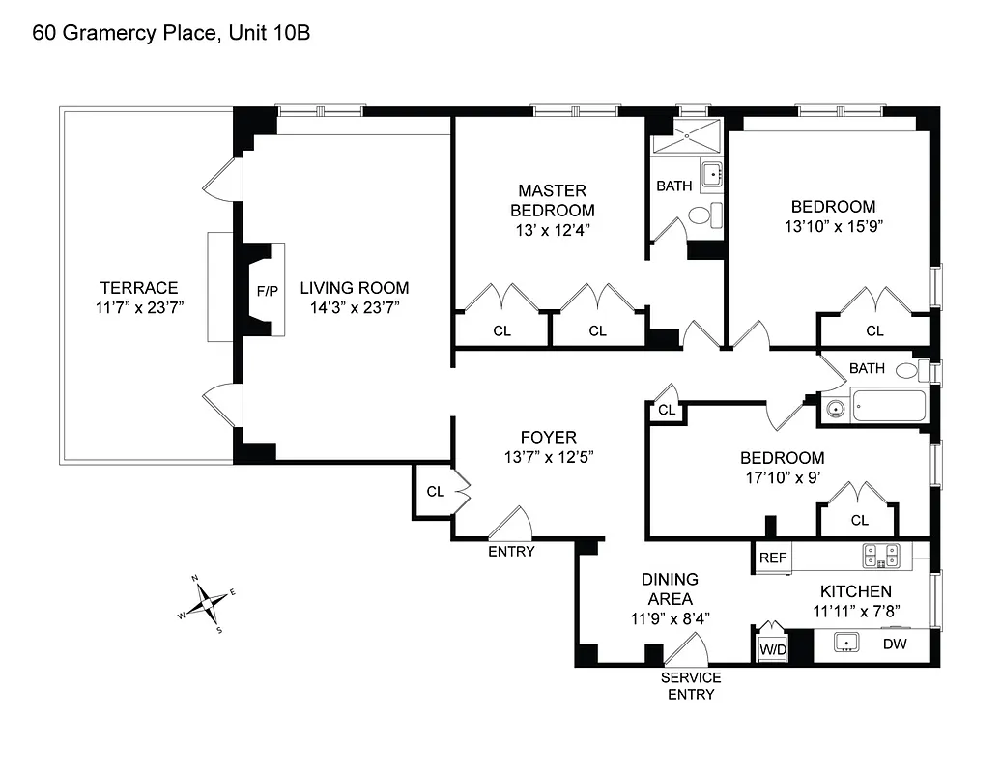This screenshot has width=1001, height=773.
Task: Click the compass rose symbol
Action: [x=211, y=605]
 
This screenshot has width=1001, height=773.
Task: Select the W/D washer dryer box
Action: [x=771, y=648]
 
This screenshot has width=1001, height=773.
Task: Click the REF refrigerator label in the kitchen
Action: [x=771, y=558]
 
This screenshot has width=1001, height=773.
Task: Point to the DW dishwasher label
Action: [x=893, y=644]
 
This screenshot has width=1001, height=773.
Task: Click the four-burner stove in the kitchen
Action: [x=880, y=555]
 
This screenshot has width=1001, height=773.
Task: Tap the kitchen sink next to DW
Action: [x=847, y=643]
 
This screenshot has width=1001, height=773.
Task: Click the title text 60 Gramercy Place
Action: [x=171, y=33]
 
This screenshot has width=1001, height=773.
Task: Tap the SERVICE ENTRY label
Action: [x=690, y=685]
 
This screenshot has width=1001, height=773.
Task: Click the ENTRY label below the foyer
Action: [x=511, y=551]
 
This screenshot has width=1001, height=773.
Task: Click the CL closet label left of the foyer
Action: [x=435, y=491]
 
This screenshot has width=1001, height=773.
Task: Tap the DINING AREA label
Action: [x=670, y=588]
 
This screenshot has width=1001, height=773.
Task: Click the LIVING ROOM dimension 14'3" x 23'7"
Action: [x=354, y=308]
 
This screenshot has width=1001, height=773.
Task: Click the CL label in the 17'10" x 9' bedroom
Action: [x=859, y=520]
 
